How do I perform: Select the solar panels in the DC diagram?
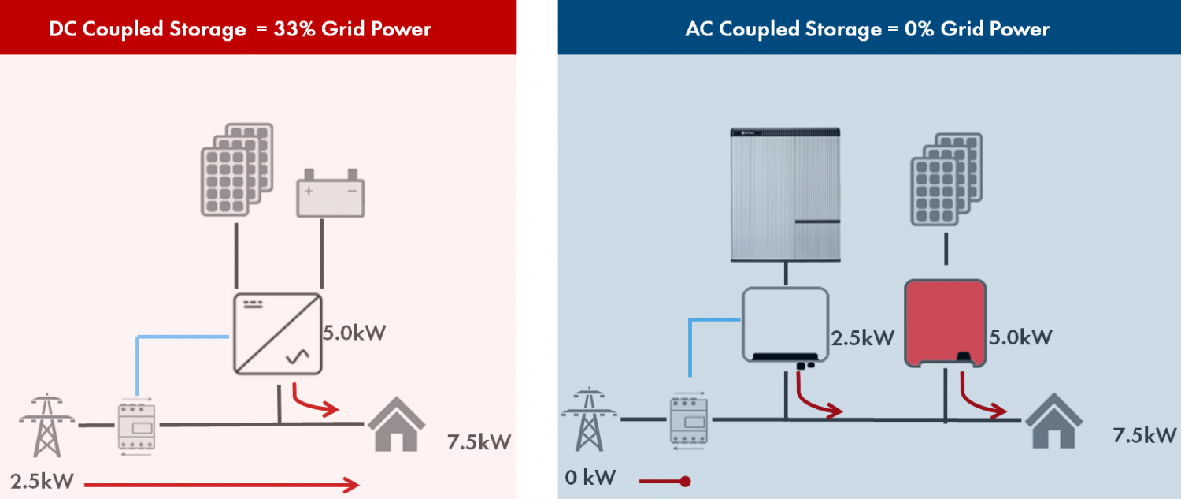(237, 169)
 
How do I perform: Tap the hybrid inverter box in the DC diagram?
(277, 333)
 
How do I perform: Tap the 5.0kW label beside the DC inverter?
(357, 331)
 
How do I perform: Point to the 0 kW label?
(590, 478)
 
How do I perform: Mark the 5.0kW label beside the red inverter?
(1020, 337)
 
